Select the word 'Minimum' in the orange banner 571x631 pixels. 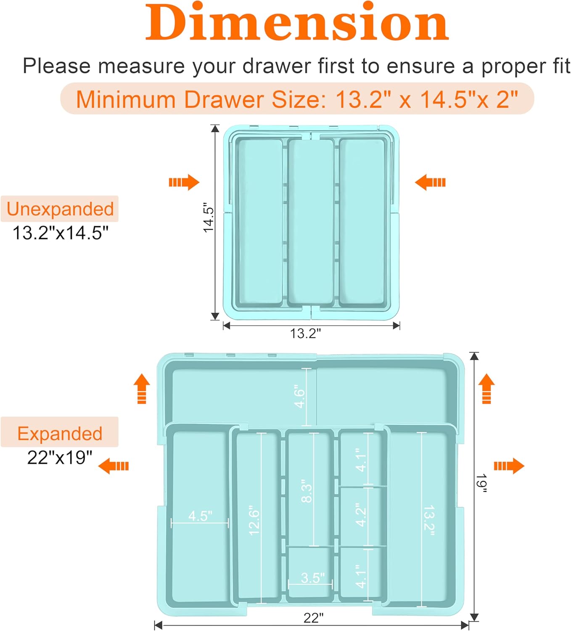(125, 100)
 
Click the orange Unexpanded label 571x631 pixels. (60, 209)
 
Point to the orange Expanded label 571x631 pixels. (60, 433)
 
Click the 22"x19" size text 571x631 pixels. (60, 457)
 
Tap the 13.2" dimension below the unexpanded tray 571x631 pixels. (305, 334)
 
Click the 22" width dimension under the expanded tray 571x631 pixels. (314, 618)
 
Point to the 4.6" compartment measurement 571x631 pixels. (299, 396)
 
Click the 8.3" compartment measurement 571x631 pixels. (307, 490)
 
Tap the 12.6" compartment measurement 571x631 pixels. (254, 520)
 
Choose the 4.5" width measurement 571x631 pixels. (200, 516)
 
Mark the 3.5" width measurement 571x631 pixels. (312, 578)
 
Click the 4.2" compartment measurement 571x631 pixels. (361, 514)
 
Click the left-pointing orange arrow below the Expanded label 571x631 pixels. (114, 466)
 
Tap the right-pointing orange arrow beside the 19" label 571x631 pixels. (509, 466)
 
